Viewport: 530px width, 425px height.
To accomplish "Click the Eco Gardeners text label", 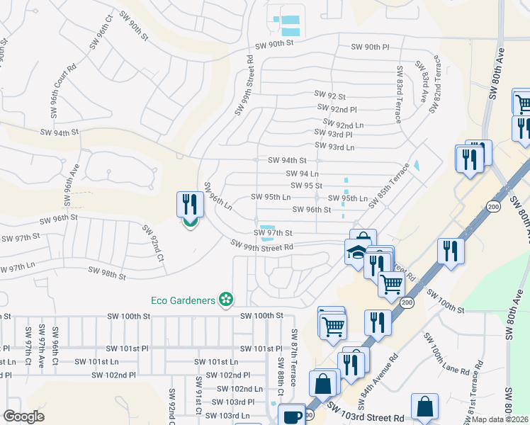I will coord(183,300).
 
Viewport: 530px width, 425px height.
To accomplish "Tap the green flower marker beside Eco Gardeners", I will coord(226,300).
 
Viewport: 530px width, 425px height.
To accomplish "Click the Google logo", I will coord(23,416).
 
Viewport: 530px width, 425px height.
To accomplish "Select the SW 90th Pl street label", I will coord(371,47).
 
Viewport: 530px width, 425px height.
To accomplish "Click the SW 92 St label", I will coord(330,96).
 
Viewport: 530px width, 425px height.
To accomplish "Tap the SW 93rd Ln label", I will coord(334,147).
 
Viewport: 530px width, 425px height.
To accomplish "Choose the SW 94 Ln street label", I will coord(303,174).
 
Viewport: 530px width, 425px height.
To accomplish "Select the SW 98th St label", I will coord(106,271).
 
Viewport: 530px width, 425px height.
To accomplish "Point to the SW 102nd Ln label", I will coord(240,389).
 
